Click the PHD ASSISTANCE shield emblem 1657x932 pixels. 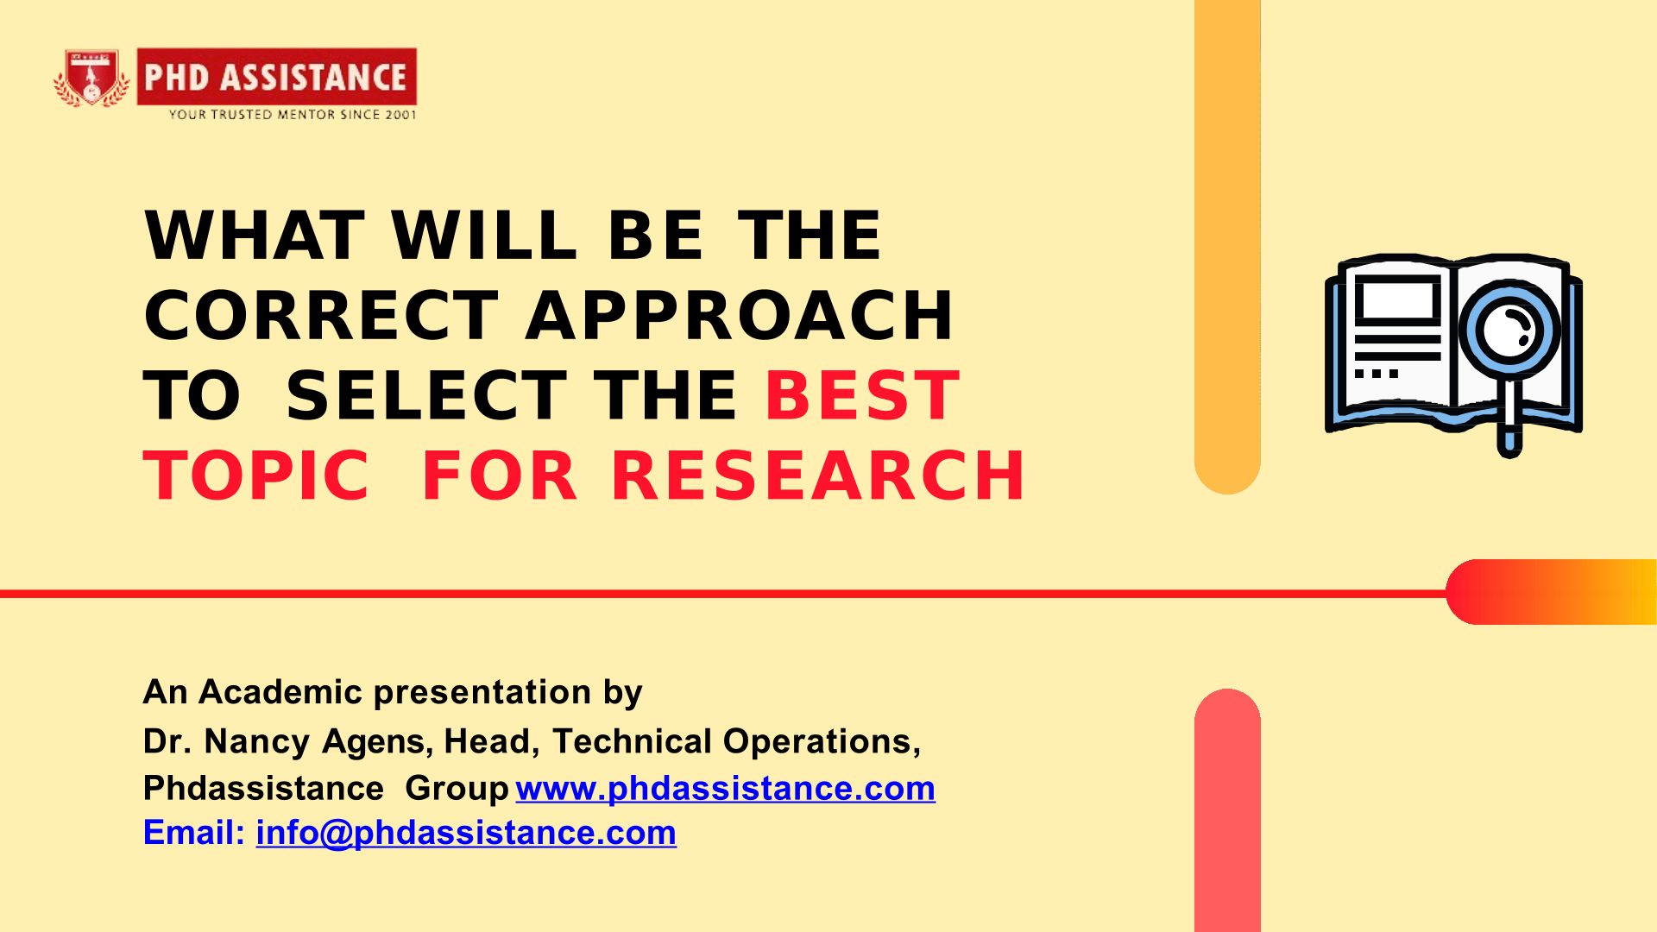coord(91,79)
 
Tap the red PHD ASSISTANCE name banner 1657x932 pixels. coord(276,77)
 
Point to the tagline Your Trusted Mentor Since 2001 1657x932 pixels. coord(293,114)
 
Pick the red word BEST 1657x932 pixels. coord(862,395)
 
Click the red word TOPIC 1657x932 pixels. coord(257,475)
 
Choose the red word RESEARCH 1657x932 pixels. coord(818,475)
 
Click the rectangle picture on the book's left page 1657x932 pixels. coord(1398,301)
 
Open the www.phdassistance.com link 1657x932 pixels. coord(726,788)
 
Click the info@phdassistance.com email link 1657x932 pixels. coord(466,833)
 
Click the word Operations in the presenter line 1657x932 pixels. coord(822,741)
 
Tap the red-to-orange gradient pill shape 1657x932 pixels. coord(1552,592)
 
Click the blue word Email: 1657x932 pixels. coord(195,833)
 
